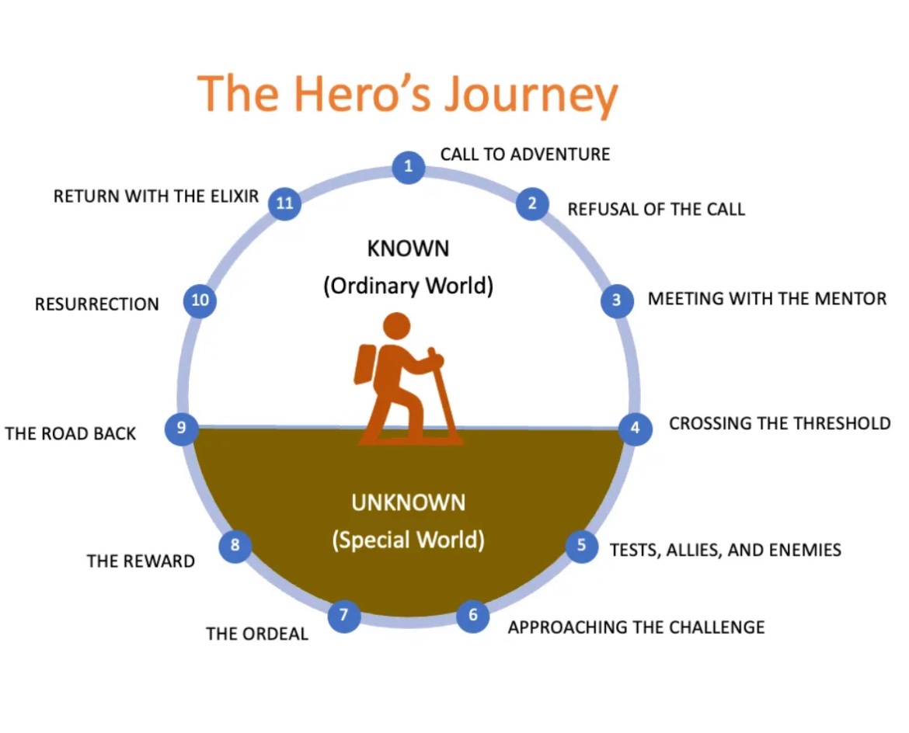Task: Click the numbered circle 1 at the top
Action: point(408,166)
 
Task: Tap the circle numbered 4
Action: point(635,428)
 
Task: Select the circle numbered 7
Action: point(344,617)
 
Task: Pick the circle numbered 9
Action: point(182,428)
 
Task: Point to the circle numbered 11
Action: point(284,203)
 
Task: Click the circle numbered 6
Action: point(472,617)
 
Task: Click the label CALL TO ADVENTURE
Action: point(525,154)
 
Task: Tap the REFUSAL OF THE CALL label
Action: point(656,209)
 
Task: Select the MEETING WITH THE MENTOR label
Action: point(767,298)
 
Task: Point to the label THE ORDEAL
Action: point(257,634)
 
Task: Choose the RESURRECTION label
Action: point(97,304)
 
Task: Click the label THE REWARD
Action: point(141,561)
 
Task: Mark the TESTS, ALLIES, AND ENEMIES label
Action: point(725,551)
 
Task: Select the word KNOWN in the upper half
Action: point(408,249)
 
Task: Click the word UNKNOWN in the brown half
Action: point(408,502)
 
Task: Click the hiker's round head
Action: point(396,325)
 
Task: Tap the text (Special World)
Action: point(408,539)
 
